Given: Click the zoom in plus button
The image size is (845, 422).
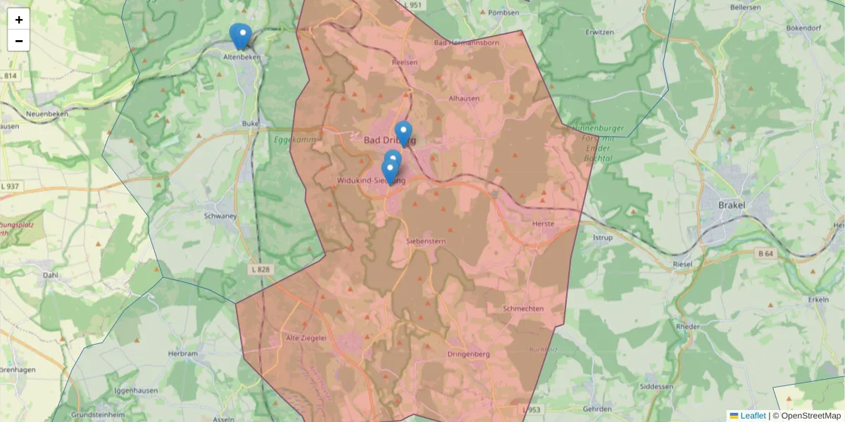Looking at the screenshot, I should pyautogui.click(x=19, y=20).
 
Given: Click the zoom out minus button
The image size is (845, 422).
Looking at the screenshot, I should pyautogui.click(x=19, y=41).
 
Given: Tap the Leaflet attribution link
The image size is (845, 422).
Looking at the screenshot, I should pyautogui.click(x=752, y=416).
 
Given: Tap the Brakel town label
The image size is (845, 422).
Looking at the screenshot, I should pyautogui.click(x=732, y=205).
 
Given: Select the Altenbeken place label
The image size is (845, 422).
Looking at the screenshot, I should pyautogui.click(x=242, y=56).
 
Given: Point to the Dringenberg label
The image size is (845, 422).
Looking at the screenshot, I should pyautogui.click(x=468, y=354).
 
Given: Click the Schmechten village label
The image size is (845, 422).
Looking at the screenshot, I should pyautogui.click(x=523, y=309).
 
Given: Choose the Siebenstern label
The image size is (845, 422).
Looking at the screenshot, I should pyautogui.click(x=426, y=241).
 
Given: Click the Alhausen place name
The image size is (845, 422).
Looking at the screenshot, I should pyautogui.click(x=464, y=98).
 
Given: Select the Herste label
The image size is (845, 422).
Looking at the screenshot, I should pyautogui.click(x=544, y=224).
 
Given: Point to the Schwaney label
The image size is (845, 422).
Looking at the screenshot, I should pyautogui.click(x=220, y=217).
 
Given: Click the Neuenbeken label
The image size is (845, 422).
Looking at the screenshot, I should pyautogui.click(x=45, y=113).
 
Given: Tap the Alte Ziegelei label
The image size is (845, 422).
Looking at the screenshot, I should pyautogui.click(x=306, y=338).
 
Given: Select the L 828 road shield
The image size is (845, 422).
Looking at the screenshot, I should pyautogui.click(x=261, y=269).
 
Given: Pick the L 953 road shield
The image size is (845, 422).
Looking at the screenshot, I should pyautogui.click(x=532, y=409).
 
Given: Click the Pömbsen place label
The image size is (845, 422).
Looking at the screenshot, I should pyautogui.click(x=503, y=13).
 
